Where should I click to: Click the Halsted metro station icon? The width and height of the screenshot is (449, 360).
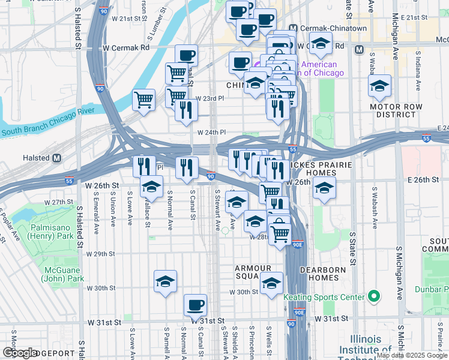pyautogui.click(x=57, y=158)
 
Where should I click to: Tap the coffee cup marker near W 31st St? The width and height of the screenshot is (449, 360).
pyautogui.click(x=195, y=304)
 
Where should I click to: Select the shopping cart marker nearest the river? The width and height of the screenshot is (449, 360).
pyautogui.click(x=144, y=99)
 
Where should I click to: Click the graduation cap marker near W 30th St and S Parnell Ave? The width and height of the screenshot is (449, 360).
pyautogui.click(x=166, y=280)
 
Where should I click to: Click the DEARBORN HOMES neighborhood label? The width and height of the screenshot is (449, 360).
pyautogui.click(x=328, y=274)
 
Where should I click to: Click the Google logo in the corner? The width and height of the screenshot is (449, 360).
pyautogui.click(x=19, y=353)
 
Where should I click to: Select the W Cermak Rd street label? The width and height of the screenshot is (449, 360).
pyautogui.click(x=126, y=47)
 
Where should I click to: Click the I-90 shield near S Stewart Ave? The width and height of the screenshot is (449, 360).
pyautogui.click(x=211, y=176)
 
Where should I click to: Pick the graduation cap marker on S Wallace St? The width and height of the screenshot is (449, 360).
pyautogui.click(x=151, y=187)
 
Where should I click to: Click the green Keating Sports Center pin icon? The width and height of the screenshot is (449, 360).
pyautogui.click(x=373, y=296)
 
